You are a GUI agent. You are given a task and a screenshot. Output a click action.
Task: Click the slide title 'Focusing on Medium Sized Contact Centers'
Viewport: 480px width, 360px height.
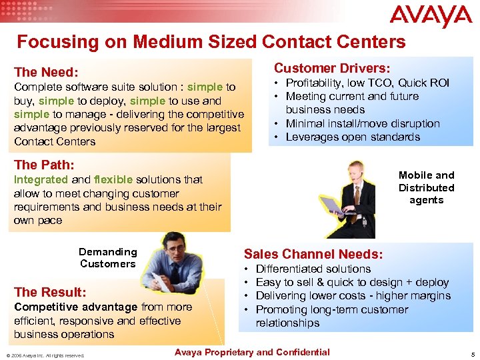tap(211, 42)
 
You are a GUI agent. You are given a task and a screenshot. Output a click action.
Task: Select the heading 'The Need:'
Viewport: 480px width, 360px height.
tap(46, 72)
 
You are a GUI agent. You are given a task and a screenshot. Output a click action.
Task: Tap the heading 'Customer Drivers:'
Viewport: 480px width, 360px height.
tap(333, 68)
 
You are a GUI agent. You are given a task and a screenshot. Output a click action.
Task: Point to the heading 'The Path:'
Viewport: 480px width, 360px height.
tap(44, 164)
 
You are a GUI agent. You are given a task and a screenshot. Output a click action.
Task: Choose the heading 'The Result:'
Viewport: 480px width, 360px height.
tap(50, 292)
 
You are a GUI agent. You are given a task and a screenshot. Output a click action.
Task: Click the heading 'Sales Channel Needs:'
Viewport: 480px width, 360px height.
tap(313, 253)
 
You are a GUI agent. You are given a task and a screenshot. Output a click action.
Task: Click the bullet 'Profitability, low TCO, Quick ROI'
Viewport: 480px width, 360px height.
tap(367, 83)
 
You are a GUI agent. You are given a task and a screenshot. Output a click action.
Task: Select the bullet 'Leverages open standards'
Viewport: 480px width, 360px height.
tap(353, 137)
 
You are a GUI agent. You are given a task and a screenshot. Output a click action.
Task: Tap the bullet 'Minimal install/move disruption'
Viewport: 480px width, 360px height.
tap(363, 123)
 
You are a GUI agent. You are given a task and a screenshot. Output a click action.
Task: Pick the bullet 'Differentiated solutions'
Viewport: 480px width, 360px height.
tap(313, 269)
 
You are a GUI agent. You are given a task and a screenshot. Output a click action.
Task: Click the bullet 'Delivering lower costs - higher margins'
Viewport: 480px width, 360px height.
tap(353, 296)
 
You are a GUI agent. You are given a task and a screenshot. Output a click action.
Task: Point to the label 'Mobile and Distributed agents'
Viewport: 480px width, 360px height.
tap(426, 187)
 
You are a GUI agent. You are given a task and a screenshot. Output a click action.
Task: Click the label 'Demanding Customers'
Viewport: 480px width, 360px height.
tap(108, 257)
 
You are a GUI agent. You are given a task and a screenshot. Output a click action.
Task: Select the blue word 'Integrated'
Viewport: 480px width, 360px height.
tap(41, 179)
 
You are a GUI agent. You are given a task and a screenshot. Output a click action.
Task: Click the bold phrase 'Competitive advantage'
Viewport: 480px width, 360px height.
tap(76, 307)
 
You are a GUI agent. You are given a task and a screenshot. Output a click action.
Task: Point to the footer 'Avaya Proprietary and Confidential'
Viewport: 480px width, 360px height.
tap(251, 352)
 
